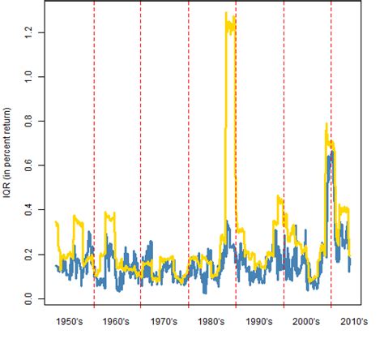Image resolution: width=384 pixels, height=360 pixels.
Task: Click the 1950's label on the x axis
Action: (x=70, y=322)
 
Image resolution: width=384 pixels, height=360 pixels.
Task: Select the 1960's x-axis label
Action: (x=117, y=322)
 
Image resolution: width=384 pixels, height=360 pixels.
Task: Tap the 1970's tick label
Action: (x=164, y=322)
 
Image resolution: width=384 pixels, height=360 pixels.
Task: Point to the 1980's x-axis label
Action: (x=212, y=322)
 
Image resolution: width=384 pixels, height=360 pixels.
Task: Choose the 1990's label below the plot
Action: (x=259, y=322)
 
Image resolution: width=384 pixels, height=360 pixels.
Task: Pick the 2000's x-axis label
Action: (x=307, y=322)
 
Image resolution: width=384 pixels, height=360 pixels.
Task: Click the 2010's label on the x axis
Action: (x=354, y=322)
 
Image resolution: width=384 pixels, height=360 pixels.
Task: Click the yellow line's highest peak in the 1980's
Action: (x=227, y=14)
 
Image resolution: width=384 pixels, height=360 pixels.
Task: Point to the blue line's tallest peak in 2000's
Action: (x=331, y=152)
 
